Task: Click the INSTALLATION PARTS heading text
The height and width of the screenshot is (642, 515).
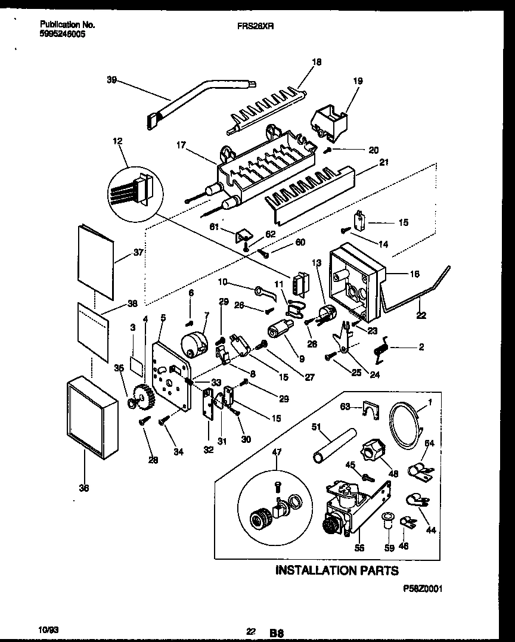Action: click(337, 570)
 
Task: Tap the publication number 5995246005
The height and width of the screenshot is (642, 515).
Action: click(63, 35)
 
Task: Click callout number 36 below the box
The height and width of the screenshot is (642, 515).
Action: click(84, 488)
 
